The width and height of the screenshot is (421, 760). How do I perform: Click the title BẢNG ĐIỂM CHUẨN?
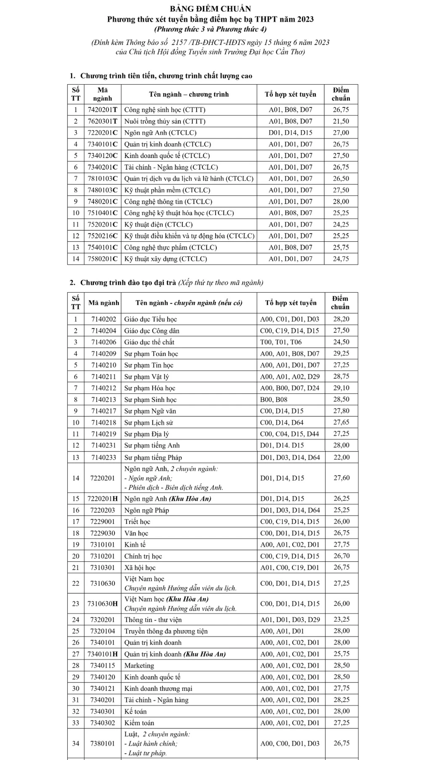[210, 9]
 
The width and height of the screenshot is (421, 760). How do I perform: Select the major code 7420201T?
[102, 110]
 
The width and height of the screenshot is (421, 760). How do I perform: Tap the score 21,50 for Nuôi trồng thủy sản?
[341, 121]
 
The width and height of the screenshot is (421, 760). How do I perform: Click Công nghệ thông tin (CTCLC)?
[168, 202]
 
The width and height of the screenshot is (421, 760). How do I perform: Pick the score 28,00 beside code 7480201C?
[341, 202]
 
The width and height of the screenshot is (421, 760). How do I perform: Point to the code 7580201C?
[102, 259]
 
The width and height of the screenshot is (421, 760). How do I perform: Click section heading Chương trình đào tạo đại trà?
[128, 283]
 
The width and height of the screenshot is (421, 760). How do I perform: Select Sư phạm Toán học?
[151, 354]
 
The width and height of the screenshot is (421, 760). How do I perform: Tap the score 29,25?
[341, 354]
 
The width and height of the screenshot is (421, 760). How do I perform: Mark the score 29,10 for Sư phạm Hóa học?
[341, 388]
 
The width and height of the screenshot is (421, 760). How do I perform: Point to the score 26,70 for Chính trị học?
[341, 556]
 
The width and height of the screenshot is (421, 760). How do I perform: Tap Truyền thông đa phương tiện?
[165, 631]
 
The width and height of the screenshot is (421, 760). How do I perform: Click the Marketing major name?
[139, 666]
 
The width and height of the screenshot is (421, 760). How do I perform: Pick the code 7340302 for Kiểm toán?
[102, 723]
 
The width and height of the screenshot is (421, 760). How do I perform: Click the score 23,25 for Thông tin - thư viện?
[341, 620]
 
